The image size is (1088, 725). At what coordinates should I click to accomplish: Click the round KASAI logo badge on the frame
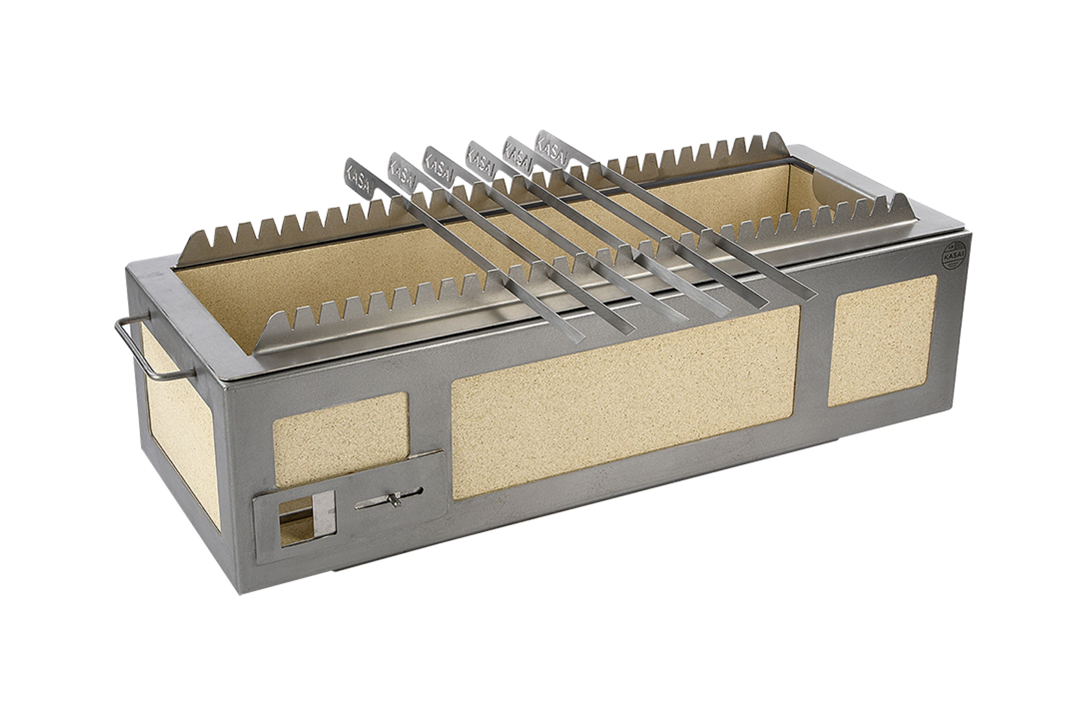coord(953,255)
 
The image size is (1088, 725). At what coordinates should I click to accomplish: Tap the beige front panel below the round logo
coord(881,340)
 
